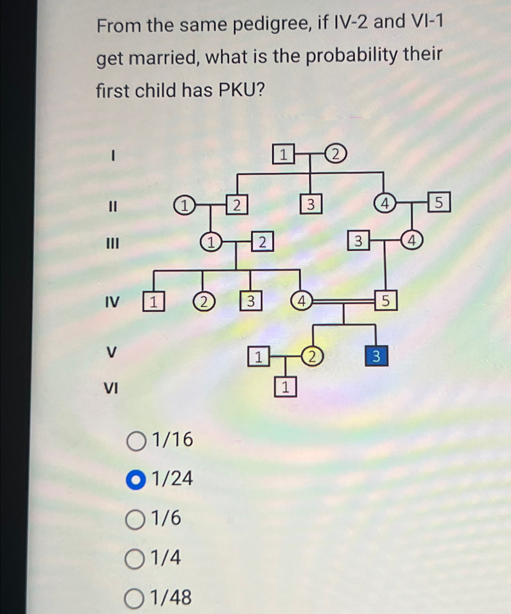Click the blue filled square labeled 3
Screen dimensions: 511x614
click(x=377, y=356)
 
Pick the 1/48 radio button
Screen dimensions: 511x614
click(x=134, y=599)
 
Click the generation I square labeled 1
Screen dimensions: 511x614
click(x=283, y=154)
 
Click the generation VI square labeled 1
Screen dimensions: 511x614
click(x=285, y=387)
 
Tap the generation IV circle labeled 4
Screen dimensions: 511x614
click(x=302, y=301)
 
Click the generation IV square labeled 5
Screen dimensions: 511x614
click(x=386, y=300)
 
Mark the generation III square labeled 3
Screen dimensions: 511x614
click(x=358, y=241)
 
